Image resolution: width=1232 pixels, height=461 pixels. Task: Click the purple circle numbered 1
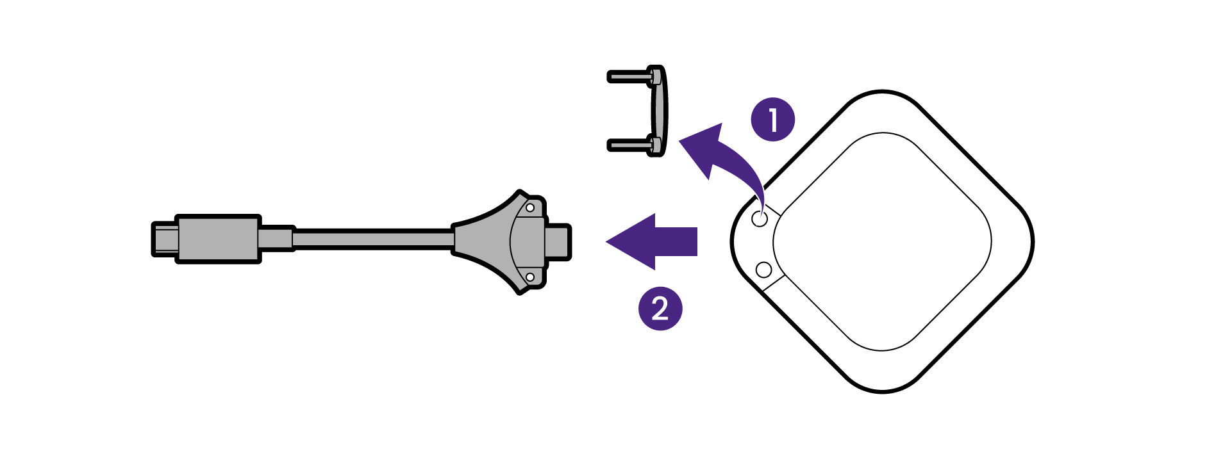point(772,119)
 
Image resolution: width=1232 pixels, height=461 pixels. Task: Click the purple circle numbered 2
point(660,309)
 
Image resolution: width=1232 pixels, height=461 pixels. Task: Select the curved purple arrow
point(718,154)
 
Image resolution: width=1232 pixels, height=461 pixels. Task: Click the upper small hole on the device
point(760,218)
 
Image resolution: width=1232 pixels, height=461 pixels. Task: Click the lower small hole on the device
point(763,270)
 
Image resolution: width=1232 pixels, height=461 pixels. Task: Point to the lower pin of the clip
point(628,145)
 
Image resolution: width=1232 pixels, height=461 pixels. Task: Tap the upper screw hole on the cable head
point(530,207)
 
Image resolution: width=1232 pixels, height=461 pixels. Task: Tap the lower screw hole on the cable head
point(530,277)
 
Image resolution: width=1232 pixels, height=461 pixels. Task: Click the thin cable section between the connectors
point(372,239)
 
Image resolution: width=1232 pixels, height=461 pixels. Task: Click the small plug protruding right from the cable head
point(559,241)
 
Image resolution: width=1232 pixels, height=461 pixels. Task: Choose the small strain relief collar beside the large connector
point(277,239)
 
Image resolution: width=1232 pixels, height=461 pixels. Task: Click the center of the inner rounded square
point(882,241)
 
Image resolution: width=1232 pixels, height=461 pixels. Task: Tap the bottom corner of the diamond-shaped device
point(882,388)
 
